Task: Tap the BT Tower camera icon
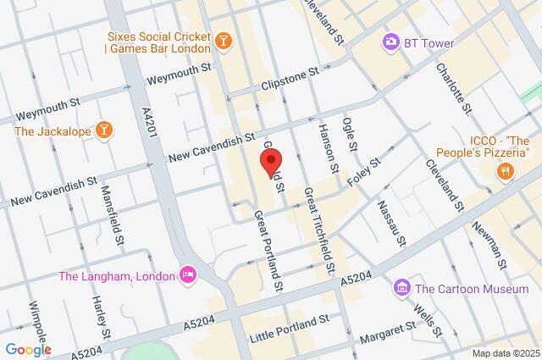(390, 42)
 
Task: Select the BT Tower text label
(429, 43)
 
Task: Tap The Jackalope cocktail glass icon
(103, 130)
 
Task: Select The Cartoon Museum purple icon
(402, 289)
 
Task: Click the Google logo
(28, 349)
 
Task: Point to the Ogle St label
(350, 136)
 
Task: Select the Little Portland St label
(289, 330)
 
